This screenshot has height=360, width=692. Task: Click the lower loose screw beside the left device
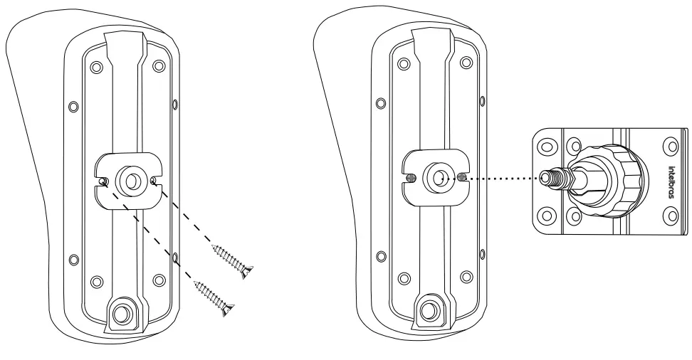coord(215,297)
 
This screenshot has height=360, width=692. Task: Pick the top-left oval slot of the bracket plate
coord(545,145)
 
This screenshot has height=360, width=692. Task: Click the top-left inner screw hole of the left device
coord(98,70)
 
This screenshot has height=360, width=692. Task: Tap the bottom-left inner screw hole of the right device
coord(404,276)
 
